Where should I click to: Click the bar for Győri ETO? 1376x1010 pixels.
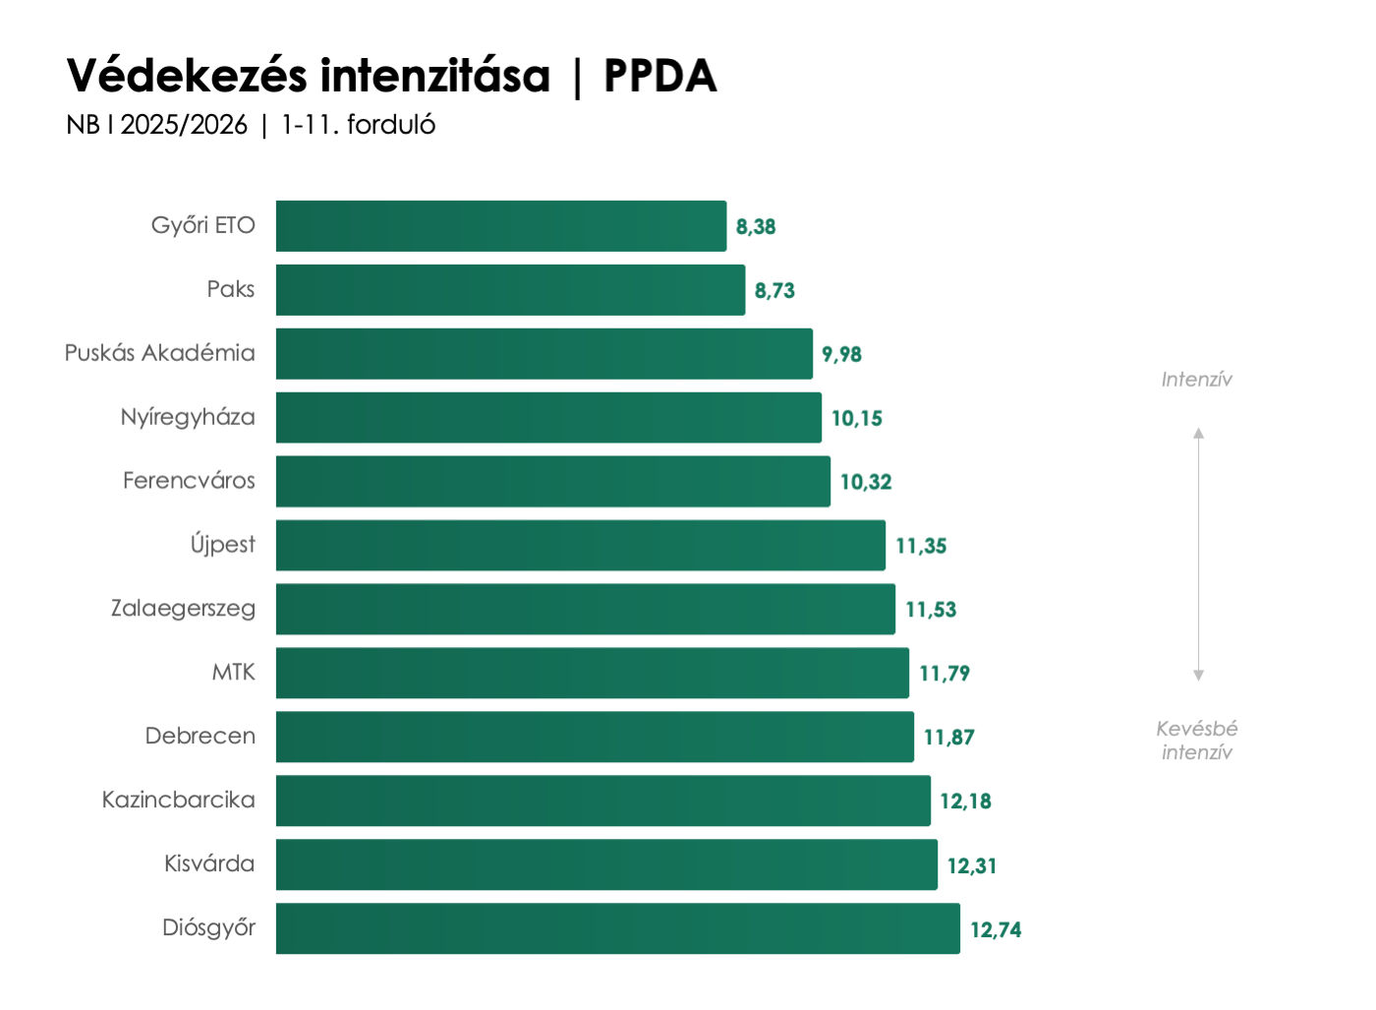tap(501, 226)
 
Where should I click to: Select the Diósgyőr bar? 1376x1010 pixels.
tap(617, 928)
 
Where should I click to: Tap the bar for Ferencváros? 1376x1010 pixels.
tap(552, 482)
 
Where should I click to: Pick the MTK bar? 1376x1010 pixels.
tap(592, 673)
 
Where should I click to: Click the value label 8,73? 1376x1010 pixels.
tap(774, 290)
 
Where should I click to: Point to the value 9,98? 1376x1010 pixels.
tap(841, 354)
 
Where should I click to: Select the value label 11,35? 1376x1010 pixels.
tap(921, 546)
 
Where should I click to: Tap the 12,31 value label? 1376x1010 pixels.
tap(972, 865)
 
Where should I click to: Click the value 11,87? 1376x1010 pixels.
tap(948, 737)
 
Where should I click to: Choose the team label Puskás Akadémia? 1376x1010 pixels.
tap(160, 353)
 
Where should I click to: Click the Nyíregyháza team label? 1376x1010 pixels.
tap(188, 417)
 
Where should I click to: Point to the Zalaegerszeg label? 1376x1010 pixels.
tap(183, 609)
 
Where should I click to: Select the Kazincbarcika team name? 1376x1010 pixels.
tap(179, 800)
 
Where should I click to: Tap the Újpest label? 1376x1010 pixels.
tap(223, 545)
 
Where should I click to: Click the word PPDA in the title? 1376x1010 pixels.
tap(660, 76)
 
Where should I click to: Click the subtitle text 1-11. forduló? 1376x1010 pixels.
tap(358, 125)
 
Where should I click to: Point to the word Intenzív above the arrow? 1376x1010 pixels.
tap(1196, 380)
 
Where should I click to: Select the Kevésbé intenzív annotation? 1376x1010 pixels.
tap(1196, 741)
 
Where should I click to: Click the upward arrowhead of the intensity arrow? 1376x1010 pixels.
tap(1198, 434)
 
